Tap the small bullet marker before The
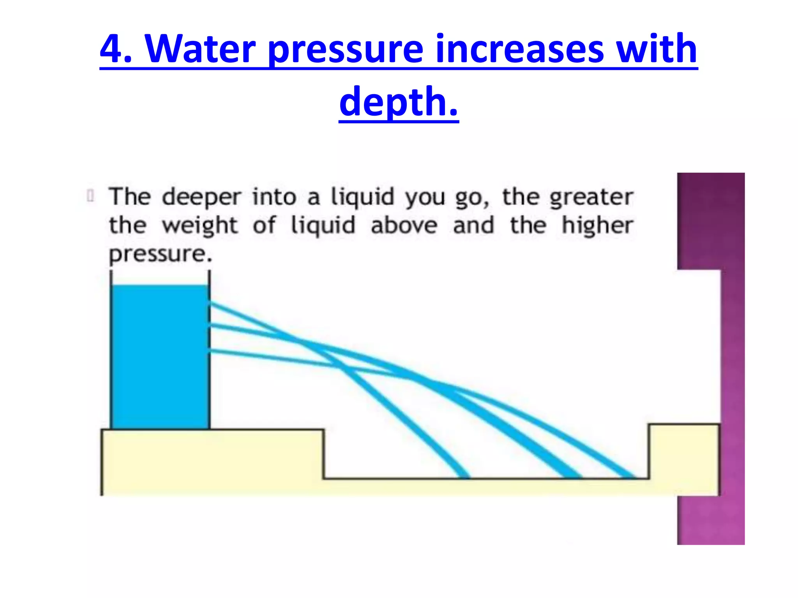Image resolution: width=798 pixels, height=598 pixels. pos(91,196)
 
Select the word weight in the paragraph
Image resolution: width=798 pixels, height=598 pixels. pos(199,226)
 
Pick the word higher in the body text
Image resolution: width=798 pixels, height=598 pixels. pos(597,226)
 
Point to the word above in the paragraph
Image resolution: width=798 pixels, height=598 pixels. pos(404,225)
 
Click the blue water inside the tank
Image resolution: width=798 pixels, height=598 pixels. pos(160,356)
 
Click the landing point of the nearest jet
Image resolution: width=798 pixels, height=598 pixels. pos(464,475)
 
